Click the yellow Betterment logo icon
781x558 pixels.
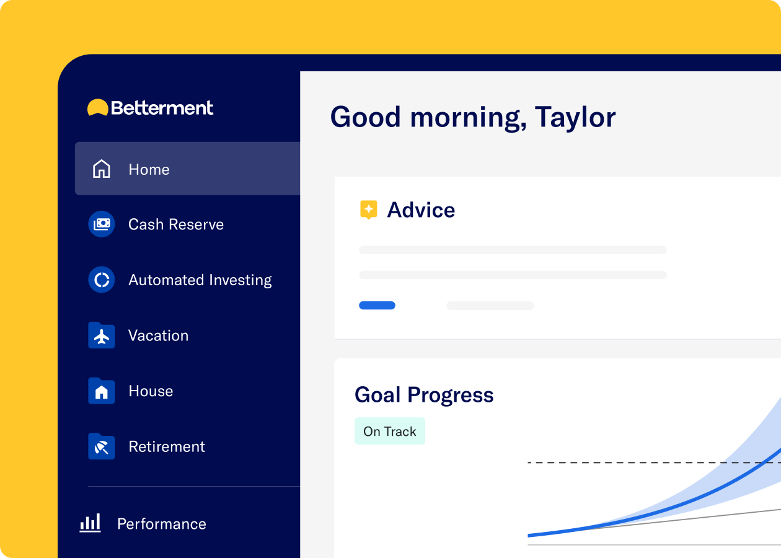coord(98,107)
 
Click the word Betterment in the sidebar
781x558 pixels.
coord(162,108)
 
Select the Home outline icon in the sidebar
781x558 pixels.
coord(102,169)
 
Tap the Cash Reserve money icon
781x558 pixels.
coord(102,224)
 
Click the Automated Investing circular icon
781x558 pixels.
coord(102,280)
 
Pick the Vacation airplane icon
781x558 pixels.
coord(102,335)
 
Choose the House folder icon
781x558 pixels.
coord(102,391)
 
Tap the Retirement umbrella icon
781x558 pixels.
coord(102,446)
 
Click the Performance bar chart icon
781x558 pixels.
coord(90,523)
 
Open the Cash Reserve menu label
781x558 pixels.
coord(176,224)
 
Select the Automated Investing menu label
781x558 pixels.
coord(200,280)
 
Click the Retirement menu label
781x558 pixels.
coord(167,447)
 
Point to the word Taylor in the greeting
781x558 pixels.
coord(575,118)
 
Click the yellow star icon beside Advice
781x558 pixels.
coord(369,210)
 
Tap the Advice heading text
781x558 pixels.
coord(421,210)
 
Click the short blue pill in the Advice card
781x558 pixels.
coord(377,306)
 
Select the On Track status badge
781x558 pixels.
coord(390,432)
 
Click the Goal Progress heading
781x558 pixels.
coord(425,396)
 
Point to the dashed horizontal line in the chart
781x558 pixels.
coord(654,463)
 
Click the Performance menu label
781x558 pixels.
coord(162,524)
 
